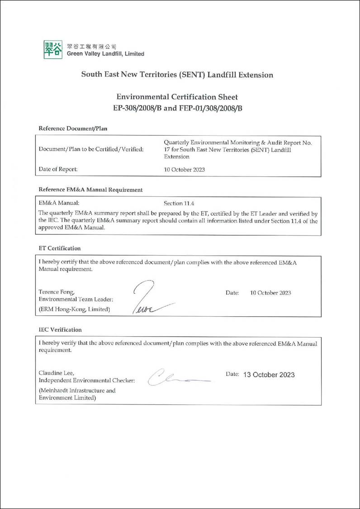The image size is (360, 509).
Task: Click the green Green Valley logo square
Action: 53,49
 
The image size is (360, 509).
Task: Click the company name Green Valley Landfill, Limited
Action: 105,54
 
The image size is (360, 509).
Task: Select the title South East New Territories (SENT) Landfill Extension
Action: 177,75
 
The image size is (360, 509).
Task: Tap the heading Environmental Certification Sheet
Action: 177,97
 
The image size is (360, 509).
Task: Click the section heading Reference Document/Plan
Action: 73,128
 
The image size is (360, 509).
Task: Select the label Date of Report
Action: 58,169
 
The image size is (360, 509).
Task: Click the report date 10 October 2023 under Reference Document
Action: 185,170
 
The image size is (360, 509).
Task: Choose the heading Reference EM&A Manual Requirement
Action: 90,190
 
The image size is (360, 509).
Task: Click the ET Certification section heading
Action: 60,248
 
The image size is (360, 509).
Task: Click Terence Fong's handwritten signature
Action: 149,299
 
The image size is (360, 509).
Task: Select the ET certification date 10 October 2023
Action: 270,293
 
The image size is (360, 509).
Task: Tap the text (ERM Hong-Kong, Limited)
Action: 74,309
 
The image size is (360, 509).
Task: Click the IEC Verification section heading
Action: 60,330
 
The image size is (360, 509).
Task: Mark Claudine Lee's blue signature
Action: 176,376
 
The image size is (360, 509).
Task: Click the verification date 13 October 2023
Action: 269,375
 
